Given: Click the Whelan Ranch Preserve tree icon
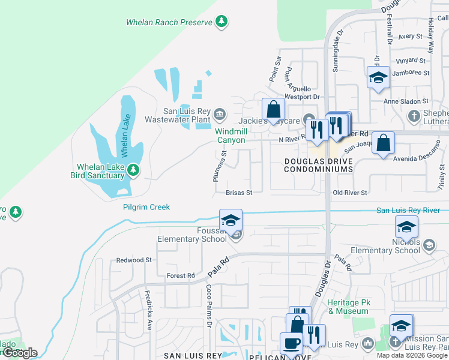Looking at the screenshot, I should [x=222, y=22].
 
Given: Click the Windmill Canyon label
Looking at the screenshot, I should [x=231, y=136].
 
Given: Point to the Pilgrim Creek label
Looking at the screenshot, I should [x=146, y=207].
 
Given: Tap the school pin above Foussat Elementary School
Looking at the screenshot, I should [x=231, y=221].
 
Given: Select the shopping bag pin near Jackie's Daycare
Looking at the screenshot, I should [x=273, y=110].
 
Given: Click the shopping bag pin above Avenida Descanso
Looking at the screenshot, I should [x=383, y=143].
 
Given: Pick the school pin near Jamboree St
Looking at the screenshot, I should [x=378, y=77].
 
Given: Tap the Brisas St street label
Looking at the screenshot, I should [x=238, y=193].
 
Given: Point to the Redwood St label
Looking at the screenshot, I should [x=134, y=260].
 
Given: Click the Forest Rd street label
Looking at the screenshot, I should [x=181, y=276].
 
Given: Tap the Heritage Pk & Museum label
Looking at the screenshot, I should [x=348, y=307].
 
